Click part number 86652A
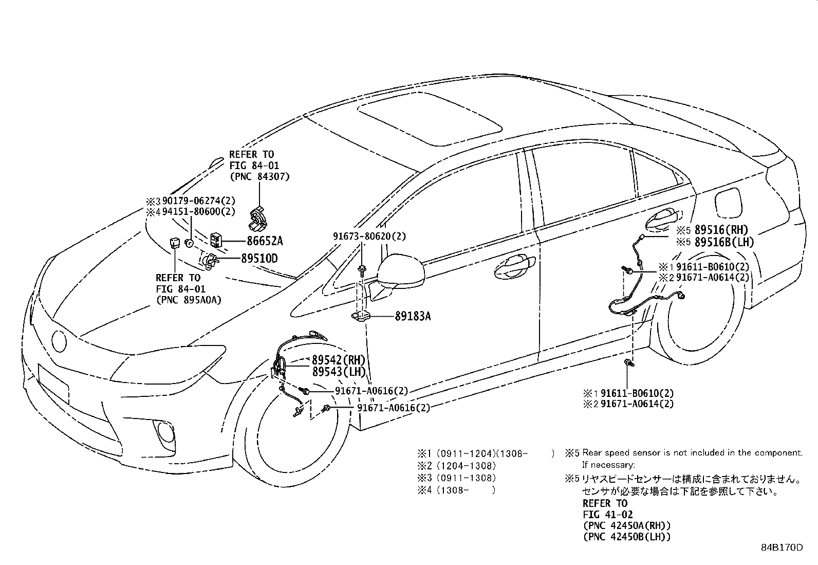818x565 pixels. [265, 241]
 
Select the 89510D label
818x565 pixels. [259, 259]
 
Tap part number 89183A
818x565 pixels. [413, 316]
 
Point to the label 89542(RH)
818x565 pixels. [339, 360]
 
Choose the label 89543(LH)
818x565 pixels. [339, 372]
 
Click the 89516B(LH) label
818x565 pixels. [724, 242]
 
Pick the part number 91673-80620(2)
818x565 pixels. [369, 236]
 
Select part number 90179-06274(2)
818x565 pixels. [199, 201]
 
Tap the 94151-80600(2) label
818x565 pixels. [199, 212]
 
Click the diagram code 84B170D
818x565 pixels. [782, 548]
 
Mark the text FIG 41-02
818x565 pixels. [608, 515]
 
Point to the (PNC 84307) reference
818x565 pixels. [259, 176]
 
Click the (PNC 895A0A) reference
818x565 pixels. [189, 300]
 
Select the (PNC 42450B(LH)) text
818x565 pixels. [627, 537]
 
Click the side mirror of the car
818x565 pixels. [401, 270]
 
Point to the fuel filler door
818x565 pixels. [728, 203]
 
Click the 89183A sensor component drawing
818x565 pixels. [361, 317]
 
